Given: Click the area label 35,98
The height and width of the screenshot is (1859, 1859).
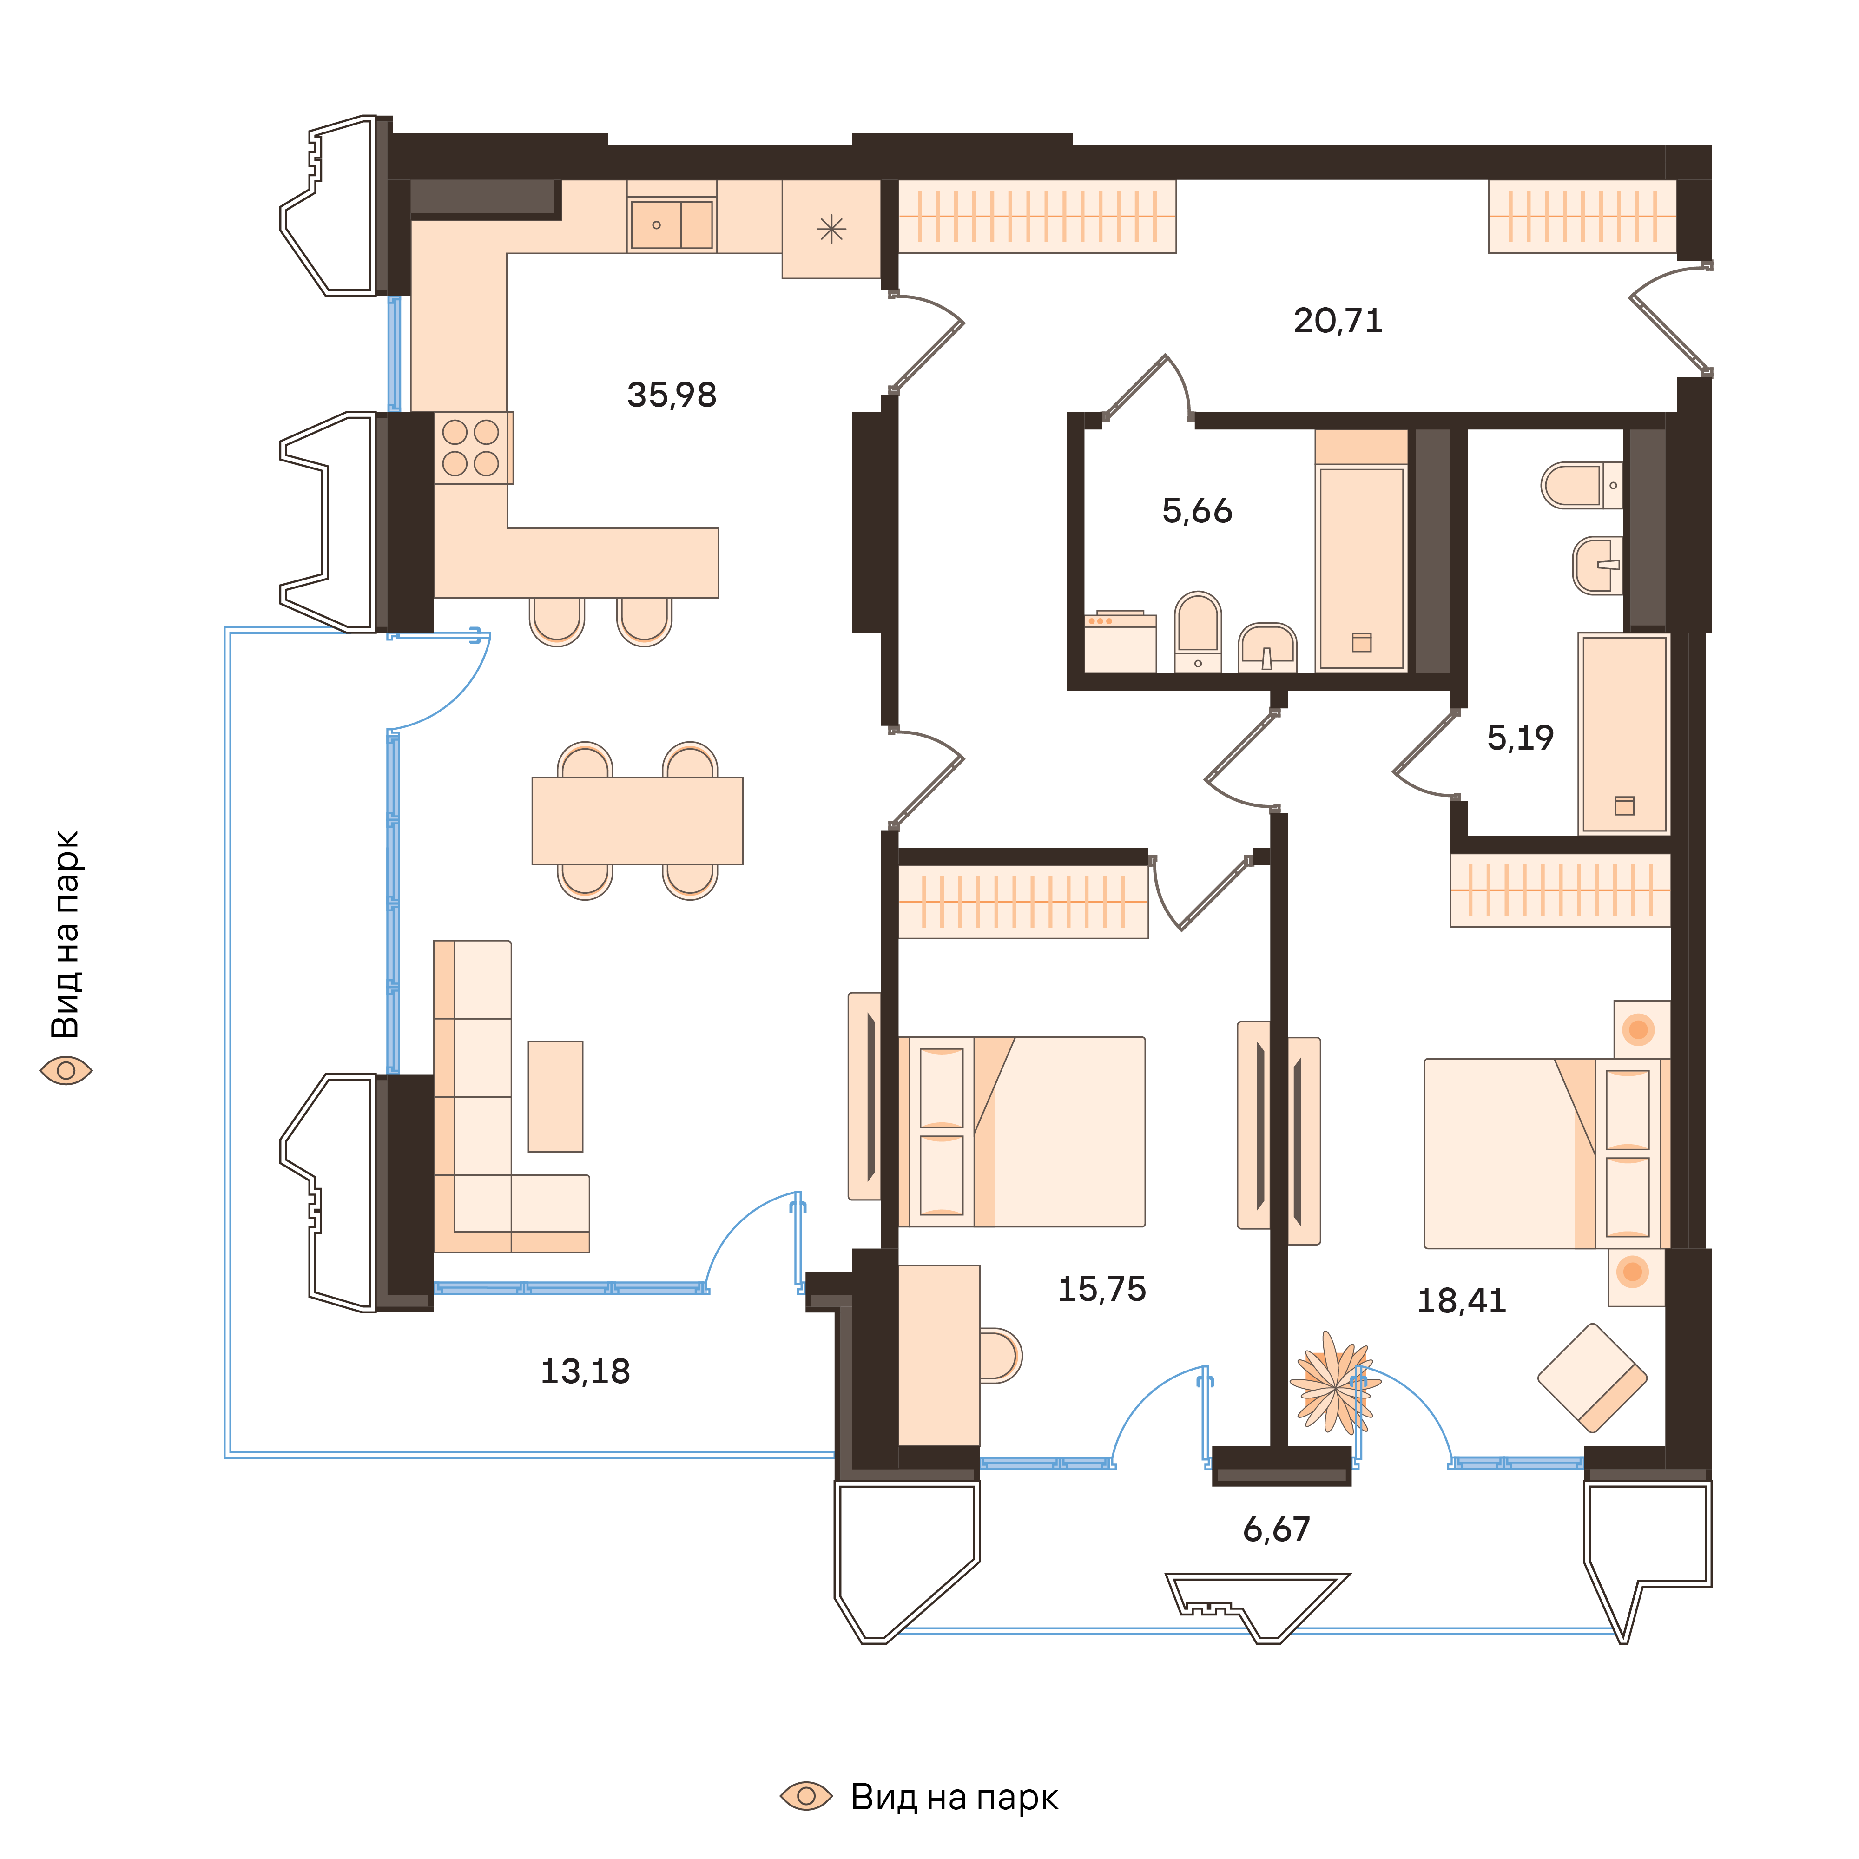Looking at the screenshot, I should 672,396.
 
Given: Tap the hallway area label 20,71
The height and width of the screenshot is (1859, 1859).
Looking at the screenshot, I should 1338,320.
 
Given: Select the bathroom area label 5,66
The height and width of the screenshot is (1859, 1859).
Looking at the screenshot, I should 1197,511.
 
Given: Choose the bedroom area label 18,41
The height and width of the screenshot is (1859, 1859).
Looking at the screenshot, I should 1461,1301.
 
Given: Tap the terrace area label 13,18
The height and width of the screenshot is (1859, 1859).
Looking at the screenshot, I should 585,1371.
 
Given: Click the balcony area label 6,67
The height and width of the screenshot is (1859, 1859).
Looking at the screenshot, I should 1276,1529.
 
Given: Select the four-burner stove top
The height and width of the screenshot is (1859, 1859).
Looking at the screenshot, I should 471,448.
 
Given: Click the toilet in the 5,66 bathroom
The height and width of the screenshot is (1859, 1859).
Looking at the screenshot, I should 1198,631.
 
